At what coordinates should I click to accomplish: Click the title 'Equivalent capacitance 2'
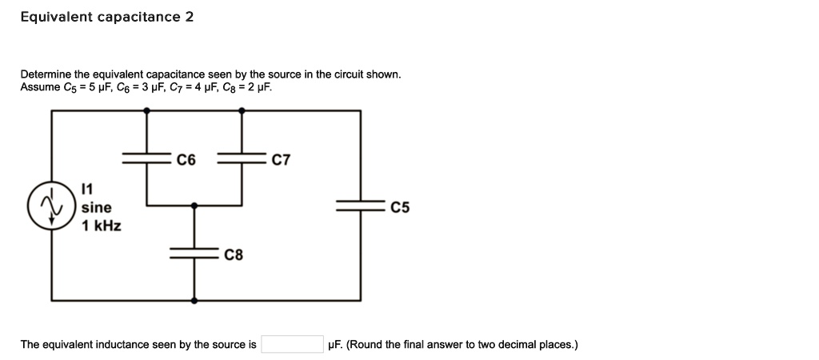[107, 17]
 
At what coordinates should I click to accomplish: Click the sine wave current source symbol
[52, 207]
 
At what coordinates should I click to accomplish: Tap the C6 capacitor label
[186, 160]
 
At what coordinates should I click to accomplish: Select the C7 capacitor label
[281, 160]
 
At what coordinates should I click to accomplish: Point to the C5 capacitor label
[400, 208]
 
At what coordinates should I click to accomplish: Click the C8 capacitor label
[234, 256]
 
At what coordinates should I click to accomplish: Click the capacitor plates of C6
[146, 159]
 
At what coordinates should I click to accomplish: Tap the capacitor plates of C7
[242, 159]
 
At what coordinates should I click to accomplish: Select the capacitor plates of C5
[360, 207]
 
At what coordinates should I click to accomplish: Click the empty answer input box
[292, 345]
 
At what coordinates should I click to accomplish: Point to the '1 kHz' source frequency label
[102, 226]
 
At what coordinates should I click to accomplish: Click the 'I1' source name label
[88, 190]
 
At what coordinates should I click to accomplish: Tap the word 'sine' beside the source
[96, 207]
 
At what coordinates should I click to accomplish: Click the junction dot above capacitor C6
[146, 111]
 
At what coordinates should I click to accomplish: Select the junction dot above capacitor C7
[242, 111]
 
